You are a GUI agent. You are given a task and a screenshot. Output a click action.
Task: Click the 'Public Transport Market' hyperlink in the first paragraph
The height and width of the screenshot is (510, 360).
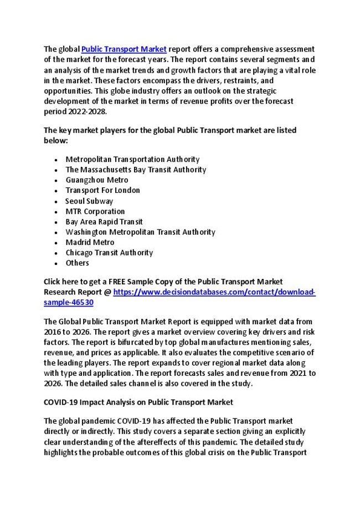124,49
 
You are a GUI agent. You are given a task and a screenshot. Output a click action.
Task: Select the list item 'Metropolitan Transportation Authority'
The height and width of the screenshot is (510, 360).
132,159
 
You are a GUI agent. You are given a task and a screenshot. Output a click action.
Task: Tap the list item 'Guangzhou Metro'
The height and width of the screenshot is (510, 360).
96,180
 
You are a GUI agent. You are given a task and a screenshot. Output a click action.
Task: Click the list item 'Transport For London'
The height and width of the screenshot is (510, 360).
102,190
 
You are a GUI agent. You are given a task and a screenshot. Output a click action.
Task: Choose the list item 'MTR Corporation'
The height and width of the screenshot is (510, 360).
95,211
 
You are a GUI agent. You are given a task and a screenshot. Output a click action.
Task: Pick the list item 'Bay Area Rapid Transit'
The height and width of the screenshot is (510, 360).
104,221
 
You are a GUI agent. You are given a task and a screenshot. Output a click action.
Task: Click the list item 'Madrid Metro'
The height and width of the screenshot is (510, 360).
90,242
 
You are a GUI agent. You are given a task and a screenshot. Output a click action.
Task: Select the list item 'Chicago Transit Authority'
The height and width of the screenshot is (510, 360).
109,252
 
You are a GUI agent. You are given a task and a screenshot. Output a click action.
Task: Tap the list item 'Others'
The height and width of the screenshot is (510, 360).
77,263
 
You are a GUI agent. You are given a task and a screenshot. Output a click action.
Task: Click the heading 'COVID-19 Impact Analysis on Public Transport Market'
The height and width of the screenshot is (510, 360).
138,401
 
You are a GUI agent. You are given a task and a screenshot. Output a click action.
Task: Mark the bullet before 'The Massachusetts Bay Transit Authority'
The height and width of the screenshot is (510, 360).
57,170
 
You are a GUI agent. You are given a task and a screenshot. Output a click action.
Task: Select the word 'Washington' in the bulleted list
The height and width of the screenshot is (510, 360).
84,232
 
